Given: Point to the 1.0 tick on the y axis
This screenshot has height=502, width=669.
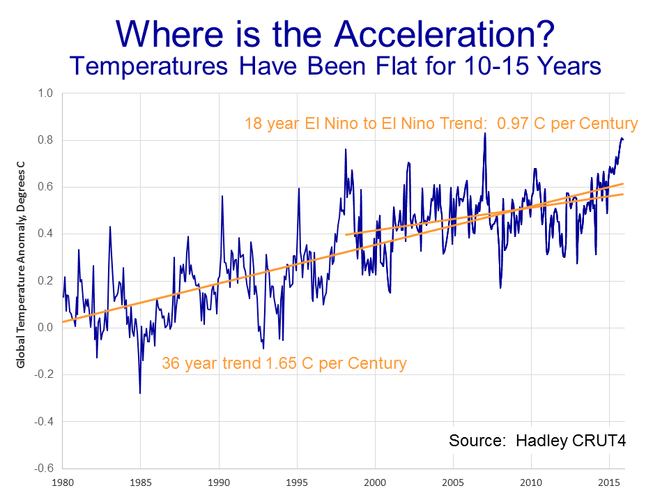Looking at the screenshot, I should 45,93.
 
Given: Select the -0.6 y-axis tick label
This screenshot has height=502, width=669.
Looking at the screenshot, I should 43,468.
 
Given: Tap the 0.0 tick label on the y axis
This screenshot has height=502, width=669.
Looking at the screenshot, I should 45,328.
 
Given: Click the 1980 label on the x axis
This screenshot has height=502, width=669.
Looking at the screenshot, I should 63,482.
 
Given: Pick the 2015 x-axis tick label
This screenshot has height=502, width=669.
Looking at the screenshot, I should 610,482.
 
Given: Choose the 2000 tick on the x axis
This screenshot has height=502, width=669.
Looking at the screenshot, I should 375,482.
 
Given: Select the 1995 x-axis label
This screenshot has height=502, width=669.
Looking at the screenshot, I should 297,482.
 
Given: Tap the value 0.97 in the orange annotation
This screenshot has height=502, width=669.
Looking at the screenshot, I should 512,124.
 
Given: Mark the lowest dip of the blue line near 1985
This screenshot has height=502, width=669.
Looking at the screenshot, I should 140,393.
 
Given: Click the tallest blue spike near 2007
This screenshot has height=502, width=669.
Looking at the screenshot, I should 485,133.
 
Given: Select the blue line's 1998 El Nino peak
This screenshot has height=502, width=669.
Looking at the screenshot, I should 345,149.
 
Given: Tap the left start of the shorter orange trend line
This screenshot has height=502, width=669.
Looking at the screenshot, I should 346,234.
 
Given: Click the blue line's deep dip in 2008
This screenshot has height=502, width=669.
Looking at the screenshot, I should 500,287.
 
